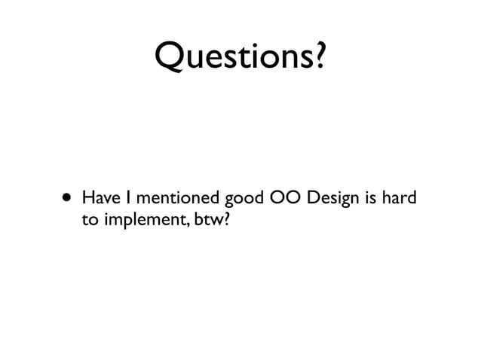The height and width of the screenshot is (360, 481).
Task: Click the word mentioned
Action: tap(175, 200)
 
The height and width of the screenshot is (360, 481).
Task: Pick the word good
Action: tap(241, 201)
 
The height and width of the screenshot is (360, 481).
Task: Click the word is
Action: tap(373, 200)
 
